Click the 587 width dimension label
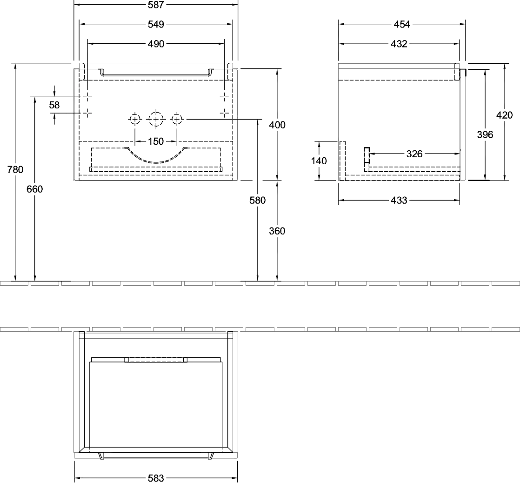156,5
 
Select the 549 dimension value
156,24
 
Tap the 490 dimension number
156,44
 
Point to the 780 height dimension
15,169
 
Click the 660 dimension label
35,189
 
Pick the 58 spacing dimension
54,105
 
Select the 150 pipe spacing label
156,141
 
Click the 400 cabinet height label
277,125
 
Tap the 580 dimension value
258,201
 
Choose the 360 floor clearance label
277,231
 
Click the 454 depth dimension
402,24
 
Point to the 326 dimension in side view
414,154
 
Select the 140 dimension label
319,161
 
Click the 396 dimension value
485,134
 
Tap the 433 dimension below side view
399,201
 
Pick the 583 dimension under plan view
156,478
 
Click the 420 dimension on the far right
504,115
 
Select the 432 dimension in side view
399,44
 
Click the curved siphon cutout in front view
156,162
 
